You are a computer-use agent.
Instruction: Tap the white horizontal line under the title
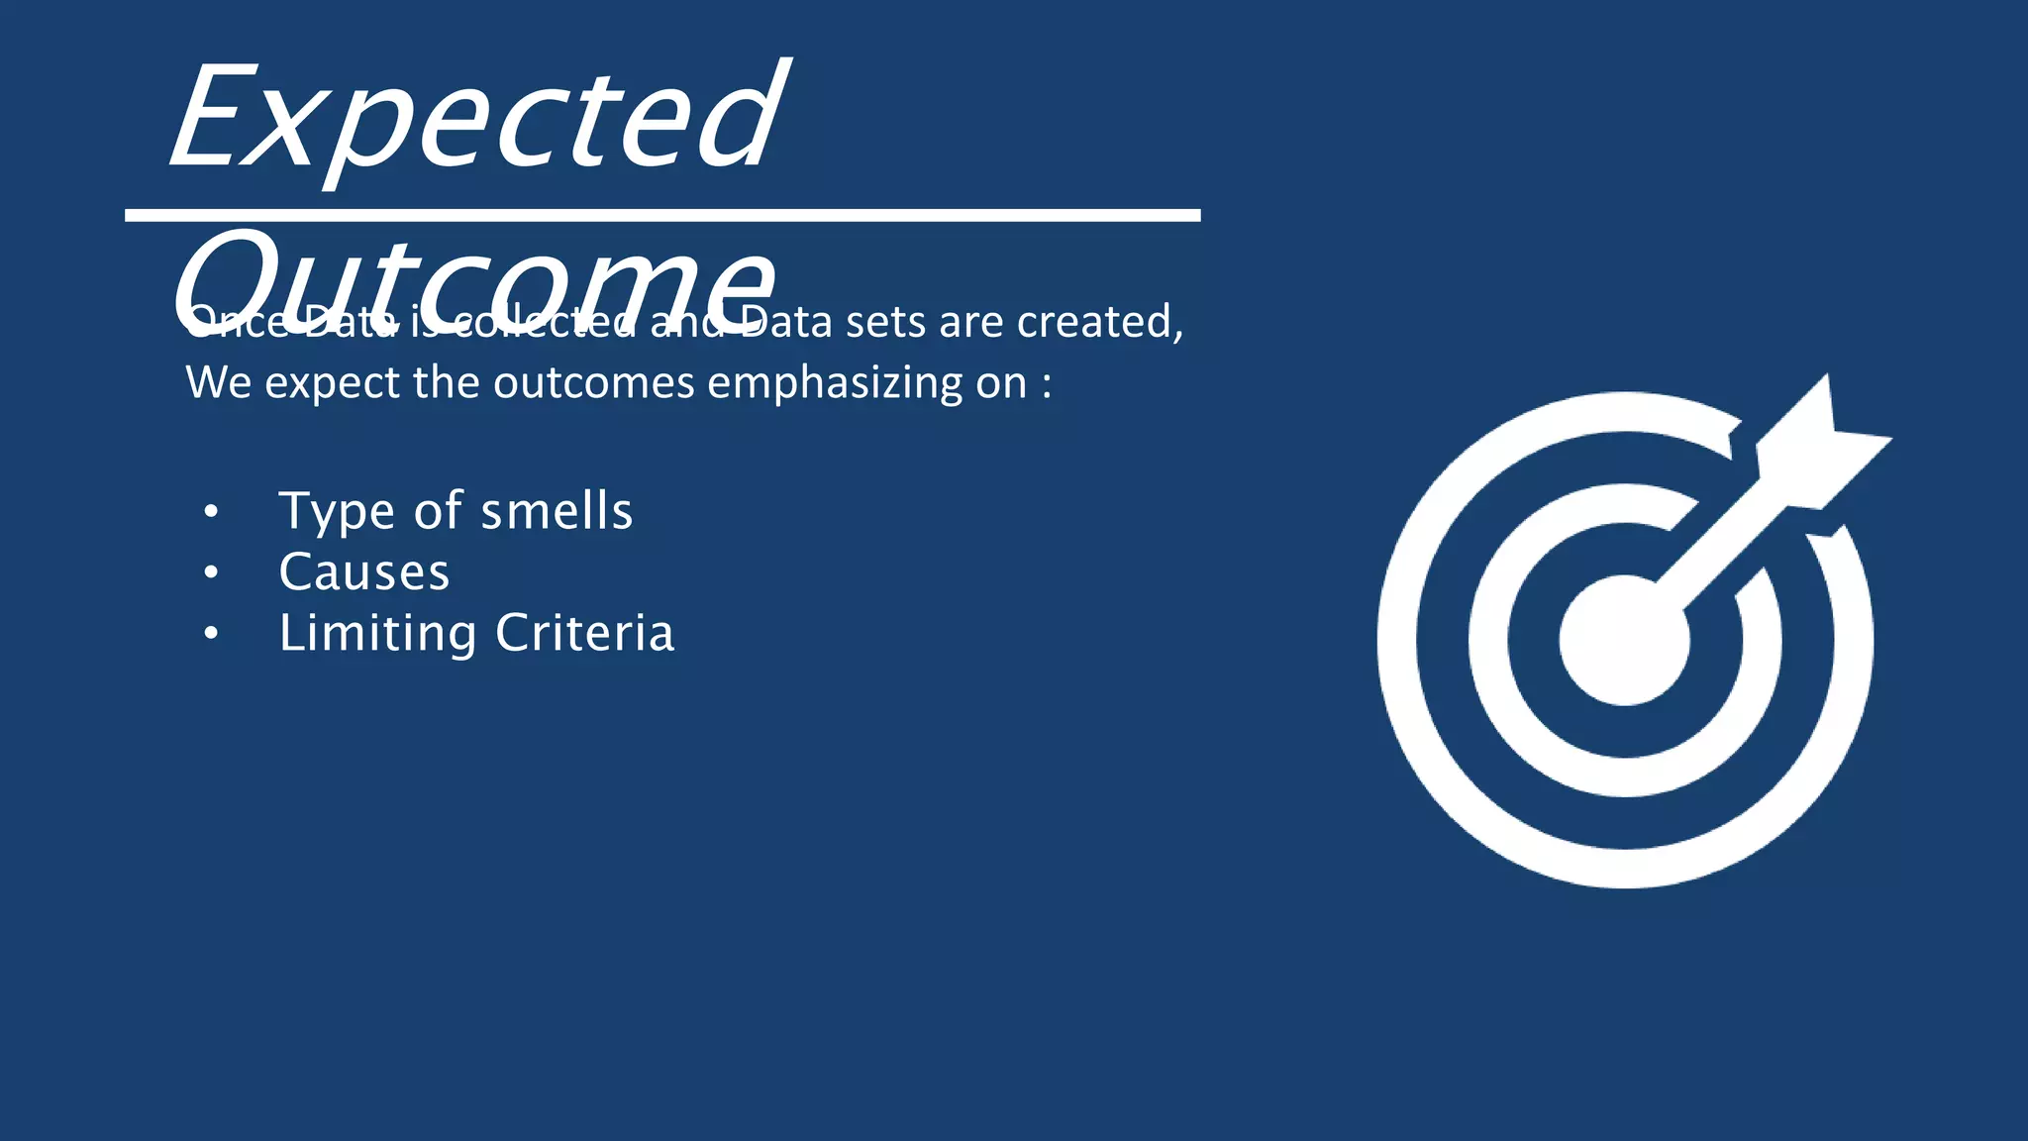pos(662,215)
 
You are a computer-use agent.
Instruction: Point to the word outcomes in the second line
pos(594,383)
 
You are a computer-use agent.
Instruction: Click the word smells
pos(557,511)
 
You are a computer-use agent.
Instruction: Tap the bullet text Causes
pos(364,572)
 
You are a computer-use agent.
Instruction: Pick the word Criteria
pos(584,633)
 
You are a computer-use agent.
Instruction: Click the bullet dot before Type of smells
pos(210,512)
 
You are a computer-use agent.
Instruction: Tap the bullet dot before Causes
pos(210,572)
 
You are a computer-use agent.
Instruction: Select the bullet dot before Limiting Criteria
pos(210,634)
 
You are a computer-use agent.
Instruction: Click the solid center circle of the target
pos(1624,640)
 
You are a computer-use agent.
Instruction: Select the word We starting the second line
pos(218,383)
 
